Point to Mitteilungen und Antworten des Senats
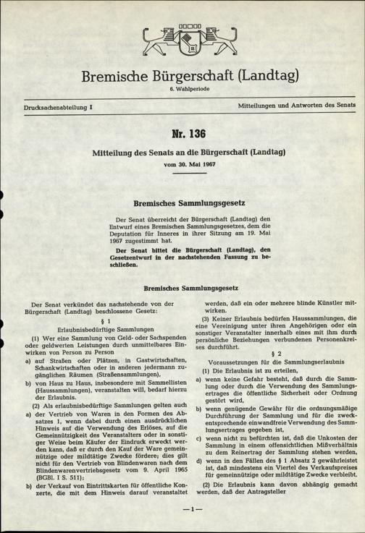pyautogui.click(x=295, y=107)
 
